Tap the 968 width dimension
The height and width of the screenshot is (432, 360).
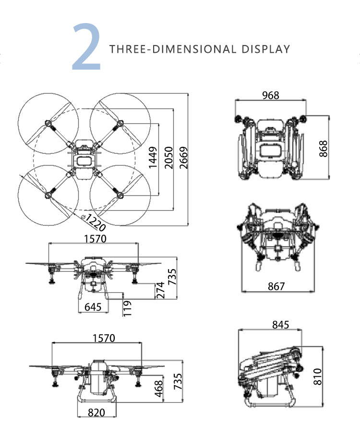point(271,95)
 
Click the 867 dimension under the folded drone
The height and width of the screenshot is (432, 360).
point(276,287)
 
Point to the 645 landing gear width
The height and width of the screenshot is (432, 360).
point(93,307)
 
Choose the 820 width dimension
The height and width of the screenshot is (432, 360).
point(96,412)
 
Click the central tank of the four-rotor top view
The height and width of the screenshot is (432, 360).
point(84,159)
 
